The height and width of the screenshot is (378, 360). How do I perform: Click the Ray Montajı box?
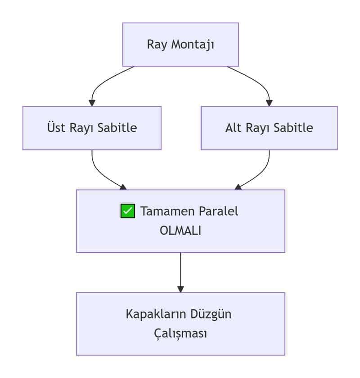pos(180,45)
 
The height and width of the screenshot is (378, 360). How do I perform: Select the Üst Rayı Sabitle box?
pos(92,128)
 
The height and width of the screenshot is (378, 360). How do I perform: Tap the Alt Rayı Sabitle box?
pos(269,128)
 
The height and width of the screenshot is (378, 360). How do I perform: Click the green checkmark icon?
pos(128,211)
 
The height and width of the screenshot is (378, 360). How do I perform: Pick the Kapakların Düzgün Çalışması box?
pos(180,324)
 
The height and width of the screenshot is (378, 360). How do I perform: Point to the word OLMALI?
pos(180,230)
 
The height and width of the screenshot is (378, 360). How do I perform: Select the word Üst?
pos(56,128)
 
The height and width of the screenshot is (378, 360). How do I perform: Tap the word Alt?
pos(234,128)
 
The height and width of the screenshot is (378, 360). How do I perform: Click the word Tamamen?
pos(163,211)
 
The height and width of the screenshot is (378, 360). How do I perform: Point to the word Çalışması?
pos(180,334)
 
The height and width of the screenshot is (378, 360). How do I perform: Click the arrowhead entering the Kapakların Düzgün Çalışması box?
pos(180,289)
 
